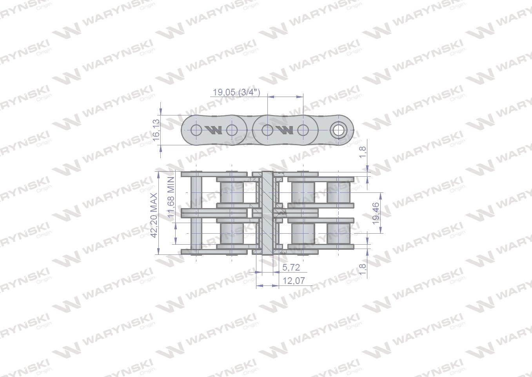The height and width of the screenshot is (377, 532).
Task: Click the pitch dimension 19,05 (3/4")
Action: pyautogui.click(x=236, y=92)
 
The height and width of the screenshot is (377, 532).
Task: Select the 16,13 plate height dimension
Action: pyautogui.click(x=156, y=130)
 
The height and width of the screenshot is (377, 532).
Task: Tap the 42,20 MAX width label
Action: pyautogui.click(x=154, y=215)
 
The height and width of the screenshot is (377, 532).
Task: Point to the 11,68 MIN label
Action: pyautogui.click(x=171, y=197)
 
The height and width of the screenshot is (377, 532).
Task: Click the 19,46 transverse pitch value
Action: pyautogui.click(x=376, y=213)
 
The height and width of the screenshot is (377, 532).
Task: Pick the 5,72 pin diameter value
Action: pyautogui.click(x=291, y=267)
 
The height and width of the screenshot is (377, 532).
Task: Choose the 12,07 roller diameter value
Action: pyautogui.click(x=294, y=281)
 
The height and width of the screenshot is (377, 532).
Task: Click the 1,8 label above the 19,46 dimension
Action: pyautogui.click(x=363, y=152)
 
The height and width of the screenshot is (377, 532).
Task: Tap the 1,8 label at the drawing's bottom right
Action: pyautogui.click(x=363, y=269)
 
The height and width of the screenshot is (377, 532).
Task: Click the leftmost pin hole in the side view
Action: pyautogui.click(x=196, y=130)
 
